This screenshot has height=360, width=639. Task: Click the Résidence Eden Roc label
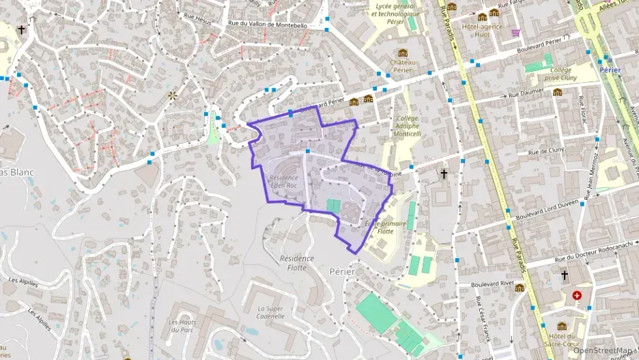pyautogui.click(x=284, y=182)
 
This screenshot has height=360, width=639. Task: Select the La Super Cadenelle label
pyautogui.click(x=270, y=312)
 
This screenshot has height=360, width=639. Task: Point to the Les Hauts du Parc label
pyautogui.click(x=182, y=327)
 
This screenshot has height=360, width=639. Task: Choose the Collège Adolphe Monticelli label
pyautogui.click(x=408, y=126)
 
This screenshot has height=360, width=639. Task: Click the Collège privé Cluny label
pyautogui.click(x=561, y=74)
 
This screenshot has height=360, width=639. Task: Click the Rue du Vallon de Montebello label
pyautogui.click(x=268, y=25)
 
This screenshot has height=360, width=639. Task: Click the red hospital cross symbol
pyautogui.click(x=578, y=295)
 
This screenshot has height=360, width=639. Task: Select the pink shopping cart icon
pyautogui.click(x=516, y=32)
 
